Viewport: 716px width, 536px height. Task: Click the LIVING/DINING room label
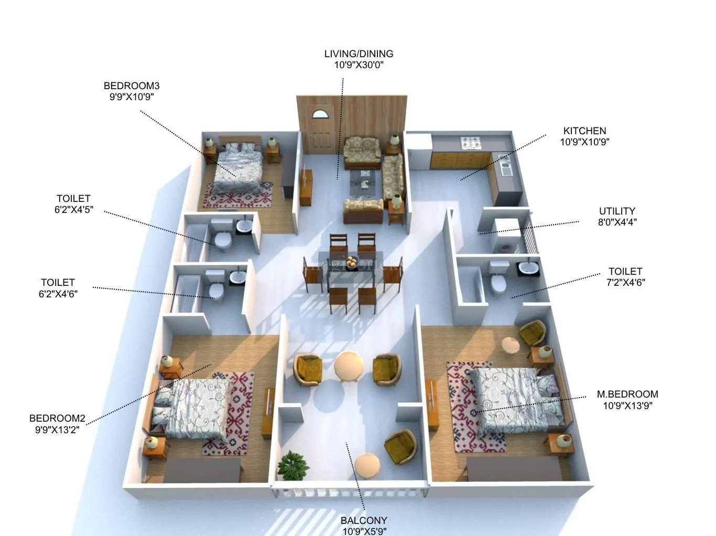(359, 53)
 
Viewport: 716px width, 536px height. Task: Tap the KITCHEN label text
(584, 131)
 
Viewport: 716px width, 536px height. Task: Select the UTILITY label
(617, 211)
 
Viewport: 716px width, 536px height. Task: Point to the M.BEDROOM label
(627, 394)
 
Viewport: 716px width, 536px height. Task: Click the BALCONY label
(364, 520)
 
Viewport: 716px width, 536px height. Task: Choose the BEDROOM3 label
(132, 85)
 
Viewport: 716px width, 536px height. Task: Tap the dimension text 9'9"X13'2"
(57, 430)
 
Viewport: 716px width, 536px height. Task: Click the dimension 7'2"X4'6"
(625, 282)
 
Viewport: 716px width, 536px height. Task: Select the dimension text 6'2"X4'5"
(73, 210)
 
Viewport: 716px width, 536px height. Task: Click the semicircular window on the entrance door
(319, 113)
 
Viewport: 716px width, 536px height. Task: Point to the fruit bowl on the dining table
(351, 260)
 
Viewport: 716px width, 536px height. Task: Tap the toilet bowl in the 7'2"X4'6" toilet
(498, 283)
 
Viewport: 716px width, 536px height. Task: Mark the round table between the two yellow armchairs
(348, 365)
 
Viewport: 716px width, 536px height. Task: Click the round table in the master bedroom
(511, 346)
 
